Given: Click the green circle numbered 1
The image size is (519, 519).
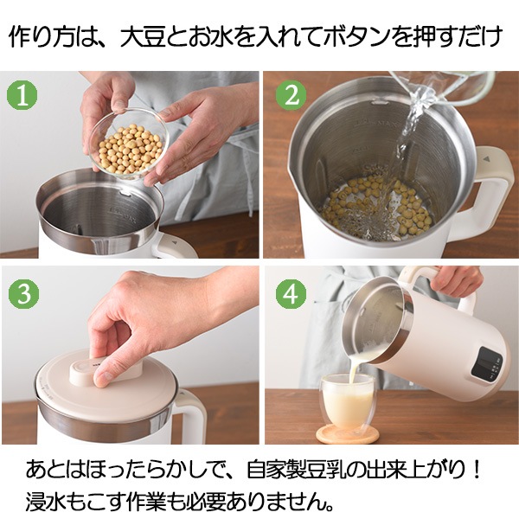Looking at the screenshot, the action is [22, 95].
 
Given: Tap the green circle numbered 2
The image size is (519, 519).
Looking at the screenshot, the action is [292, 95].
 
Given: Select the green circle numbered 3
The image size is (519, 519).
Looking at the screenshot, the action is [24, 294].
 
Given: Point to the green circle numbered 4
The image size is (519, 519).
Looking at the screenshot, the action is [292, 294].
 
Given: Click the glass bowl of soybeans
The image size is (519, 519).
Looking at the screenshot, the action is [129, 144].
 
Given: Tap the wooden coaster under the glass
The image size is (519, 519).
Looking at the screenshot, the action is [347, 434].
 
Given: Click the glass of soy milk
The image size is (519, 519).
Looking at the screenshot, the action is [349, 400].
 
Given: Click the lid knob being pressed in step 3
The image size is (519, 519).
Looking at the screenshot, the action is [106, 371].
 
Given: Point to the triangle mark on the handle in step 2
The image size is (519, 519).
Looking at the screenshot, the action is [486, 159].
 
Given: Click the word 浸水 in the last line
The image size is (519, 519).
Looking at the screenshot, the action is [47, 502].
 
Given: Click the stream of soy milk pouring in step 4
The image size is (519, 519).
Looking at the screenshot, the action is [353, 368].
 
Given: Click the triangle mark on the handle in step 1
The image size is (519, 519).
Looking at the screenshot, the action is [175, 241].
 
